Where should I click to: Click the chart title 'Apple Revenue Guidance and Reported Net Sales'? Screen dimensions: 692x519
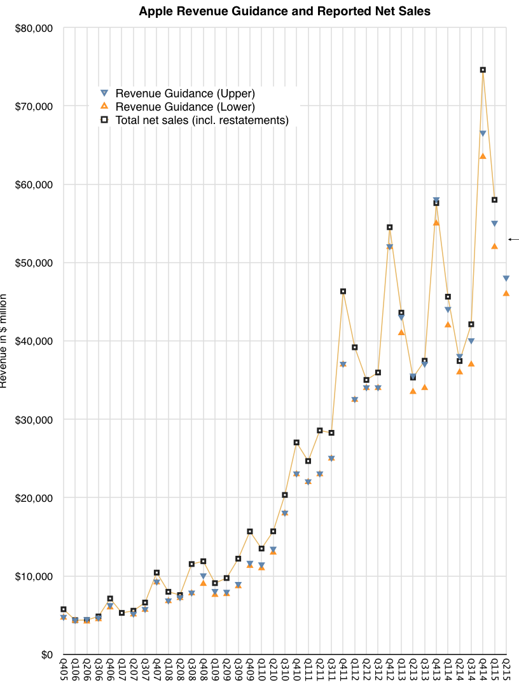[284, 11]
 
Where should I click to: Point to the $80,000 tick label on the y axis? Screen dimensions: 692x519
[33, 28]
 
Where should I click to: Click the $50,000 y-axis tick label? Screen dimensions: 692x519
[33, 263]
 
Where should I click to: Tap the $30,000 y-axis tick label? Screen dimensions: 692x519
[33, 420]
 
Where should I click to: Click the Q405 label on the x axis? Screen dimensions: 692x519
[64, 670]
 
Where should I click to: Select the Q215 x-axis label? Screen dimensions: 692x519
[507, 670]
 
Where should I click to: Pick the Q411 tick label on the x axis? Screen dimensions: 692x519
[343, 670]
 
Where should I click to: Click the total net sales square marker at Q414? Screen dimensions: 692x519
[483, 70]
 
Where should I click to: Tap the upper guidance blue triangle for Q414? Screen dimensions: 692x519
[483, 134]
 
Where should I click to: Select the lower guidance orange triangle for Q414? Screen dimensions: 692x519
[483, 156]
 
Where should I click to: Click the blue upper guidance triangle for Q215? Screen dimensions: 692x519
[506, 279]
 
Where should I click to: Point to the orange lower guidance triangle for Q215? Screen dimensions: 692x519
[506, 293]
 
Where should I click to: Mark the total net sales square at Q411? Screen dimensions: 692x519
[343, 291]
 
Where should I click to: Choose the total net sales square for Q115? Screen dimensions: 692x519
[494, 200]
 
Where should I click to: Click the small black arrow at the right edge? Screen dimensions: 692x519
[513, 239]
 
